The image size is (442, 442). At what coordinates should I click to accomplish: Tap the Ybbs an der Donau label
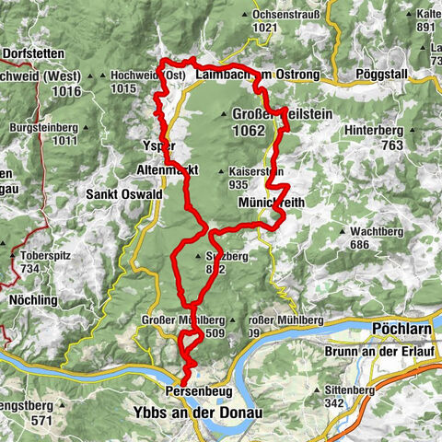(x=197, y=413)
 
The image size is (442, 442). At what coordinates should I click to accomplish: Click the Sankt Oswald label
(x=124, y=195)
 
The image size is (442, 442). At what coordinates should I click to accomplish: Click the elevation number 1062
(x=249, y=131)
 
